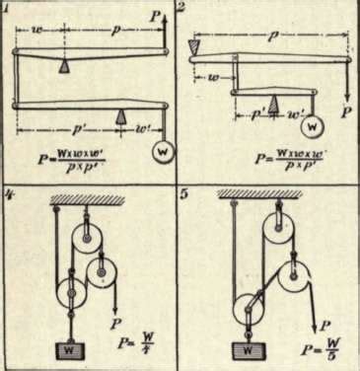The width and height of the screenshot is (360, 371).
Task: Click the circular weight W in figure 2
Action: pos(313,127)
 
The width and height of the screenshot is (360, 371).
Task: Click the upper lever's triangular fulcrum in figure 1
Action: pos(62,65)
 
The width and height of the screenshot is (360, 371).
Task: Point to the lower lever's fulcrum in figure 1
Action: pos(120,116)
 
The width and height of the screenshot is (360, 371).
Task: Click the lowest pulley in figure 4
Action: pos(71,293)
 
